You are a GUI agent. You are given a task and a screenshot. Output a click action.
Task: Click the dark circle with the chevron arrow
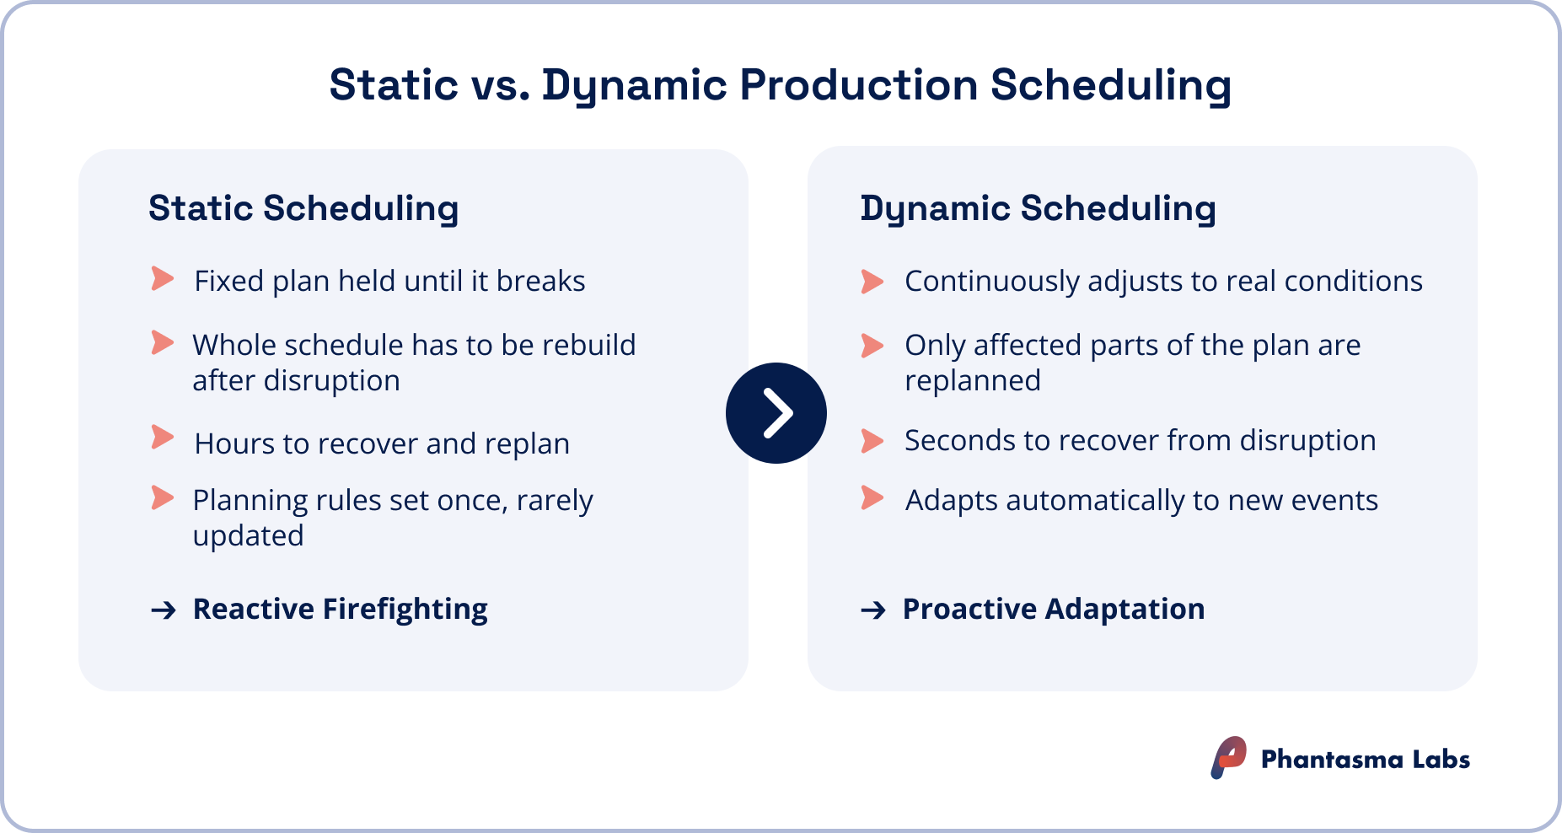[776, 413]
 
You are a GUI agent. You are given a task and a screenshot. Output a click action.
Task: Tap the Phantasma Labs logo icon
[1228, 757]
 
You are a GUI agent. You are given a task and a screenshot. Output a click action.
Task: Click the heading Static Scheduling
[303, 208]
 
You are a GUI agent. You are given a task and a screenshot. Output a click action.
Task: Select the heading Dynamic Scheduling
[1038, 208]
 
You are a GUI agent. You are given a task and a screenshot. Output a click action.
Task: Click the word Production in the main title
[858, 85]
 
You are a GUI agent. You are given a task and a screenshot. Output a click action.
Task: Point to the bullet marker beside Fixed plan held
[162, 279]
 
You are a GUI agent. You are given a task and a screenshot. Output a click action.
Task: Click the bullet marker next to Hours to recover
[162, 438]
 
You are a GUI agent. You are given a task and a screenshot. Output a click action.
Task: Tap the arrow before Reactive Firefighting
[164, 610]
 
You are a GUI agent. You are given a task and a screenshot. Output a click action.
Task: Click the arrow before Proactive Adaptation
[873, 610]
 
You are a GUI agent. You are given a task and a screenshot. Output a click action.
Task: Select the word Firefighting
[405, 609]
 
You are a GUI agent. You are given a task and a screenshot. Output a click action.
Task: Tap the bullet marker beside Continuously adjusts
[872, 281]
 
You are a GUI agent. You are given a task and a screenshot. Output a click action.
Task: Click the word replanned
[972, 381]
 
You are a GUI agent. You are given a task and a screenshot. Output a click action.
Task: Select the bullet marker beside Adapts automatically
[872, 497]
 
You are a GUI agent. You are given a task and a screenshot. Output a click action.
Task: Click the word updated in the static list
[248, 536]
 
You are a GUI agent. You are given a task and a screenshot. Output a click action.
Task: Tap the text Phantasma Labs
[1365, 759]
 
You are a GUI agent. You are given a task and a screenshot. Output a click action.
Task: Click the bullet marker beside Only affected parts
[872, 345]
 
